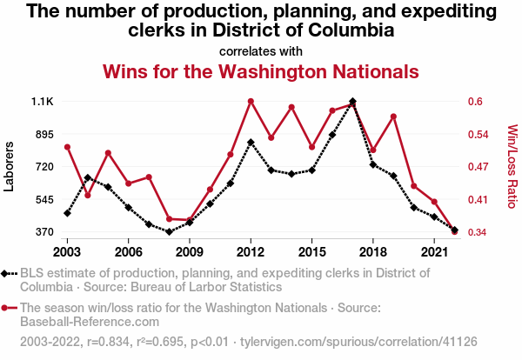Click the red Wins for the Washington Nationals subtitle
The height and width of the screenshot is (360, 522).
tap(261, 70)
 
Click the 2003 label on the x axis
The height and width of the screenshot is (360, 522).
tap(67, 250)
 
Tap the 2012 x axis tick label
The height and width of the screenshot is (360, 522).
tap(251, 250)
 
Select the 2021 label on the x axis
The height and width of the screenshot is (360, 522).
tap(434, 250)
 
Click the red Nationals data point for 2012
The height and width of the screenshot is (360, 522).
tap(251, 101)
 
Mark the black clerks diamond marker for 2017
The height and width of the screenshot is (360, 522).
tap(352, 102)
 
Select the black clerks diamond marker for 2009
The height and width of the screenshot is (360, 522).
tap(190, 223)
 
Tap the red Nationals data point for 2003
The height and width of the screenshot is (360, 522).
tap(67, 146)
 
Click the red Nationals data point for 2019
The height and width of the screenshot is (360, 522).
tap(393, 117)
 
